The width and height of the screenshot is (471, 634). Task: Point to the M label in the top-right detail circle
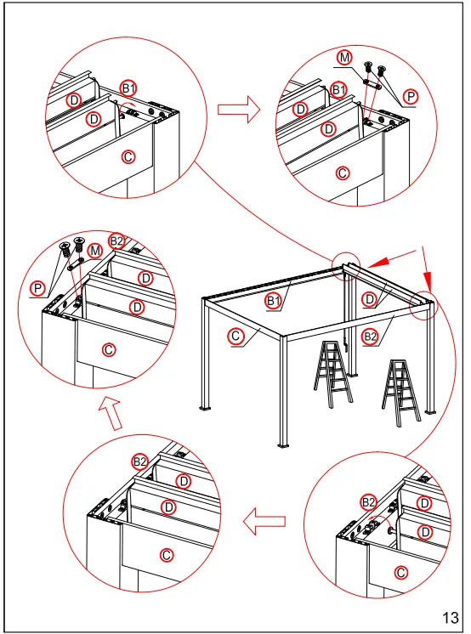coord(344,58)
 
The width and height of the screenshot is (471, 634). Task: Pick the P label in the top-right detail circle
coord(411,98)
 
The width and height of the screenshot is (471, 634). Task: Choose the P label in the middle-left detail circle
coord(38,290)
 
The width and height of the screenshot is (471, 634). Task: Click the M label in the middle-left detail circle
coord(95,250)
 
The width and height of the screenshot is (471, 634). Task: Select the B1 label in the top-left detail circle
coord(128,88)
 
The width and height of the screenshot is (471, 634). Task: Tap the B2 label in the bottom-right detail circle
coord(368,502)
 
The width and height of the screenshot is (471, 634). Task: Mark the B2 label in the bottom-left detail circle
coord(140,461)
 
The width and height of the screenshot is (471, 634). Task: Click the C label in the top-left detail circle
coord(128,156)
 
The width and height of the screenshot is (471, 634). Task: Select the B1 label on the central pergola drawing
coord(273,301)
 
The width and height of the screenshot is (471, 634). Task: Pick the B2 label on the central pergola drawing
coord(370,337)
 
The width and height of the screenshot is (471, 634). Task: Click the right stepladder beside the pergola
coord(400,391)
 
